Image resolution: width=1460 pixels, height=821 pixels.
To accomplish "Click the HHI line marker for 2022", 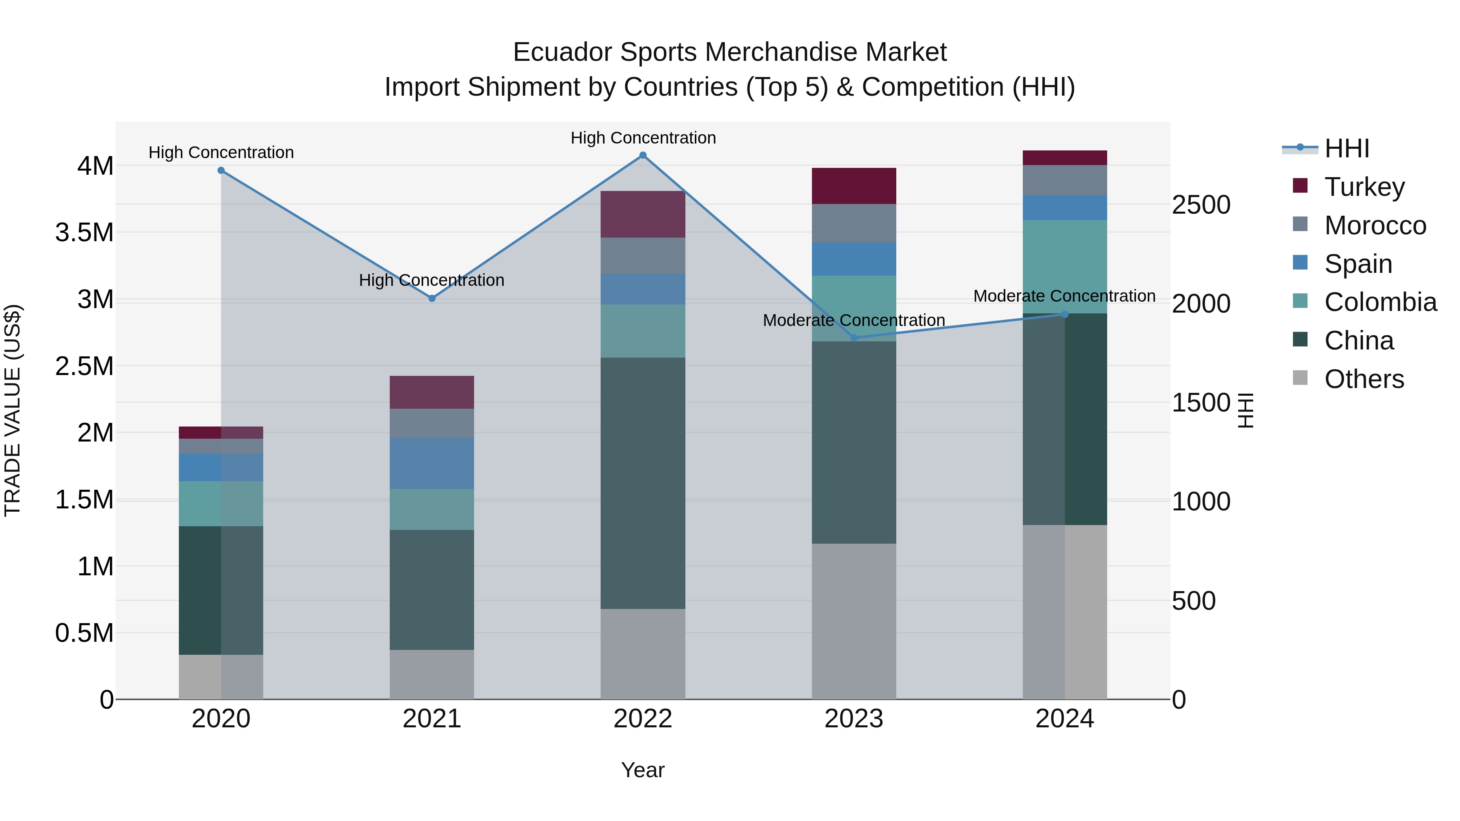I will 643,155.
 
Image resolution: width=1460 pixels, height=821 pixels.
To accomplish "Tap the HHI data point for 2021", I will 432,298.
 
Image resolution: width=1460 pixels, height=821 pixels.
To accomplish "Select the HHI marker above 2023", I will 854,338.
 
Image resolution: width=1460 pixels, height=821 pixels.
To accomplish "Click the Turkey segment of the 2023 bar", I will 854,186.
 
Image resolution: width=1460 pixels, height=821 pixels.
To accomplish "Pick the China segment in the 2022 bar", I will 643,483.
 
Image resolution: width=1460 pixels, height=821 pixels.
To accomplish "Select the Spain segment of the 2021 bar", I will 432,463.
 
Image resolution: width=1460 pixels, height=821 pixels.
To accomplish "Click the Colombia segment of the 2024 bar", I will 1065,266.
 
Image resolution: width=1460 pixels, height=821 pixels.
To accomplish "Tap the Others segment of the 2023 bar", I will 854,621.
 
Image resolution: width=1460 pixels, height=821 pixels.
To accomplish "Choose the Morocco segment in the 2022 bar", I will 643,255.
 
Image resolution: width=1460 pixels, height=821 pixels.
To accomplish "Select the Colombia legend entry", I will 1380,302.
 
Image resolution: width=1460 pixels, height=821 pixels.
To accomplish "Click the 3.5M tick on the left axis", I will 84,233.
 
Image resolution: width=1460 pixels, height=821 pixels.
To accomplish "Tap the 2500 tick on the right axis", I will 1200,205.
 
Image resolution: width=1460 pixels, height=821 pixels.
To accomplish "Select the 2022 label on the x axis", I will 643,719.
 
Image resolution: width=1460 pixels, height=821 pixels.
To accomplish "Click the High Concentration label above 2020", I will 221,152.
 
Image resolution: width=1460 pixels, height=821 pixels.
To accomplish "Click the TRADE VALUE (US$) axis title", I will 13,410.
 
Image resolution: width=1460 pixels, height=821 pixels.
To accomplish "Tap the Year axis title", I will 643,770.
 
